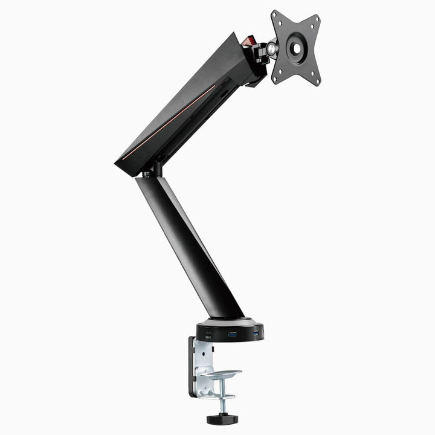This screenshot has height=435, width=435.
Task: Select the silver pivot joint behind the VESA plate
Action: pos(271,45)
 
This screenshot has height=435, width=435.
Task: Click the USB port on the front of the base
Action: pos(232,333)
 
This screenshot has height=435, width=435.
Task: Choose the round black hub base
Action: pos(230,329)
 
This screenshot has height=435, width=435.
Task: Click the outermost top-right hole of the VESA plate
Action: pos(314,19)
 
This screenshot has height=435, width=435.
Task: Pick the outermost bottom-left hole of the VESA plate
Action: pos(279,77)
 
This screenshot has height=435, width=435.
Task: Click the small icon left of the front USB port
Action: pos(209,334)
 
